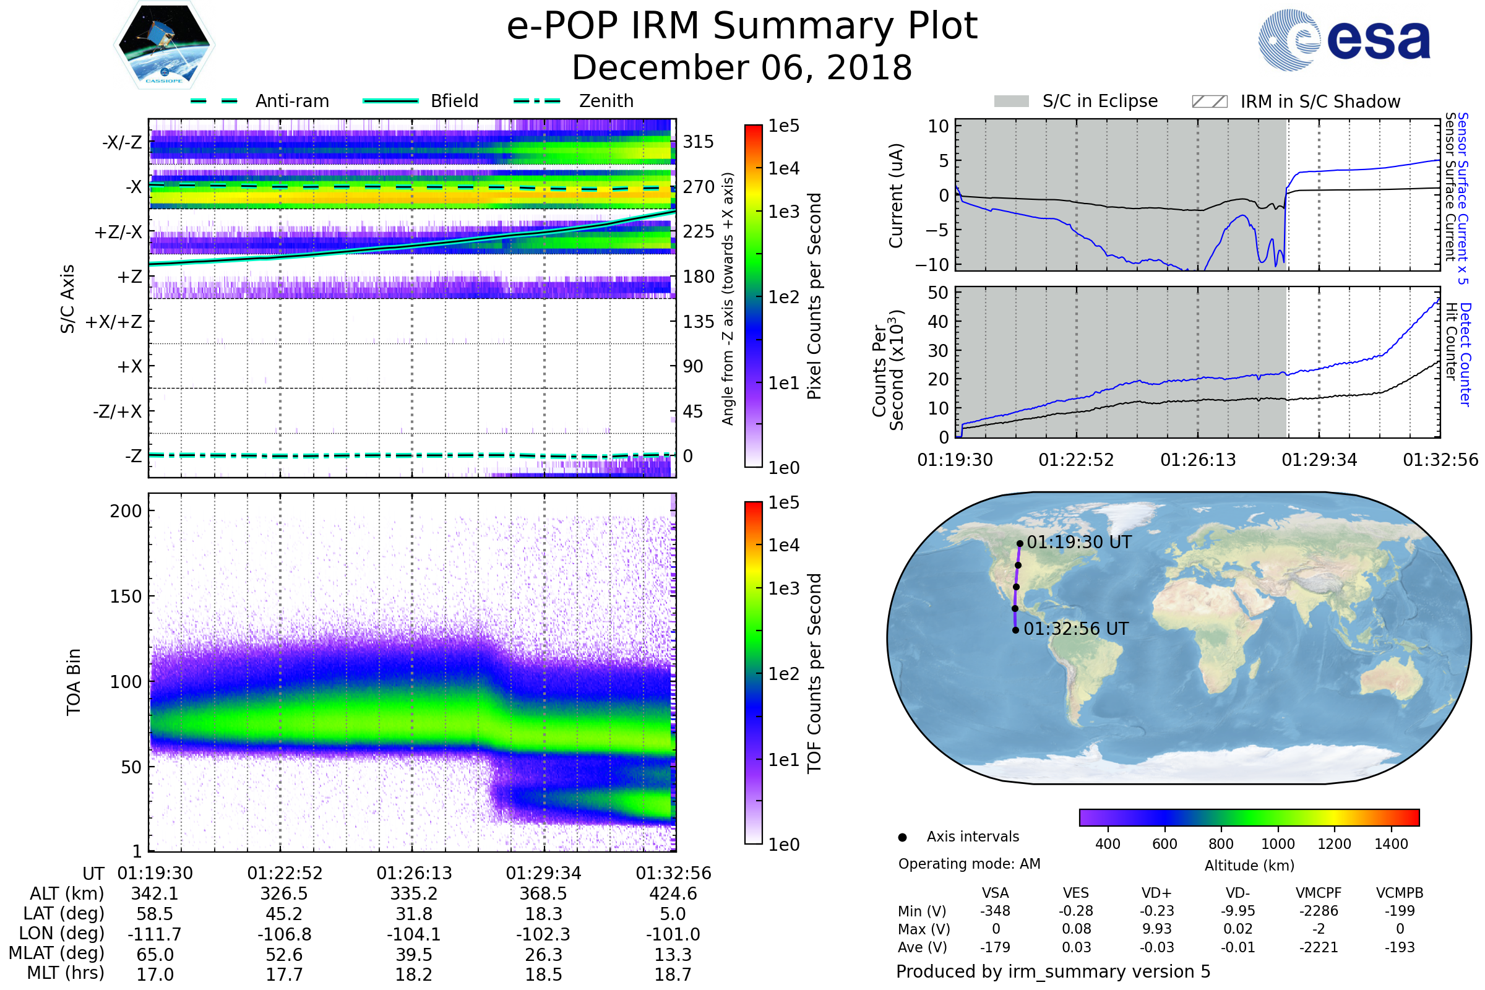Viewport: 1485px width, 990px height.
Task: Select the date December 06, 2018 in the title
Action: (x=742, y=68)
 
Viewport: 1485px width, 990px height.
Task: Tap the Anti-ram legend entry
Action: (x=260, y=101)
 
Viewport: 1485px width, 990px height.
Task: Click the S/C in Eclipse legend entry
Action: (x=1076, y=101)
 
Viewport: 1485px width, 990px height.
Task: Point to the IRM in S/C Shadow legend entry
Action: (x=1296, y=101)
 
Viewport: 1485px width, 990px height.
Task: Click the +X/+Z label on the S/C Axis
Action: (x=114, y=322)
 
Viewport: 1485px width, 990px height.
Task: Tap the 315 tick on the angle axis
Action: (x=698, y=142)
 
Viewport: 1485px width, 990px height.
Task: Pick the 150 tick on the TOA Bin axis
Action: (x=126, y=596)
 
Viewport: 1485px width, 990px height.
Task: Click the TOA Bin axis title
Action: (x=74, y=682)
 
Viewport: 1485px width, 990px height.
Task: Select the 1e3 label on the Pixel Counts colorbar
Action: (x=783, y=212)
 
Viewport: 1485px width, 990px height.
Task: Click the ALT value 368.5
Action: (x=543, y=893)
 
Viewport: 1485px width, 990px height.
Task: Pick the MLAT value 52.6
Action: (x=284, y=955)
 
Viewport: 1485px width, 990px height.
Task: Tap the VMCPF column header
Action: (x=1319, y=893)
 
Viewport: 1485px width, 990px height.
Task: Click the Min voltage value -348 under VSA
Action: (x=995, y=911)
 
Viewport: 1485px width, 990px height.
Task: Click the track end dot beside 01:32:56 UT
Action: (x=1015, y=630)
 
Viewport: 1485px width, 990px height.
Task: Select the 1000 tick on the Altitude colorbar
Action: (x=1278, y=844)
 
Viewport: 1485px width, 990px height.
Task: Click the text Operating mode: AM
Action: (x=969, y=864)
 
